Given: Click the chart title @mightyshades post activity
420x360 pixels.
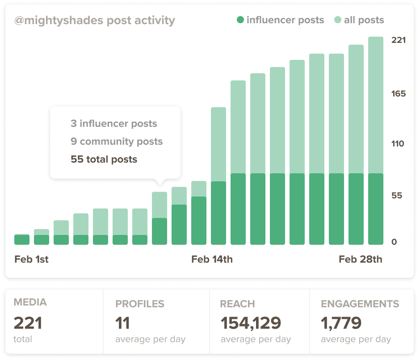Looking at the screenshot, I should pyautogui.click(x=94, y=21).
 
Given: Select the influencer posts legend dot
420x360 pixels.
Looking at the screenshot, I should pyautogui.click(x=240, y=20).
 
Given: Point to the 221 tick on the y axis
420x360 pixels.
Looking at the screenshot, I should pyautogui.click(x=398, y=40).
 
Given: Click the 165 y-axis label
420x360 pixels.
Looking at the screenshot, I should pyautogui.click(x=398, y=94).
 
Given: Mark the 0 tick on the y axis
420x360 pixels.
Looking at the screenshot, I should pyautogui.click(x=394, y=242).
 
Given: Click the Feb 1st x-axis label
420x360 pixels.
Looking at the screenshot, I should pyautogui.click(x=31, y=260).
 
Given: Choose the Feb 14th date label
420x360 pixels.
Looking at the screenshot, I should pyautogui.click(x=212, y=260).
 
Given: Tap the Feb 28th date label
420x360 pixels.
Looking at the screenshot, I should pyautogui.click(x=360, y=260).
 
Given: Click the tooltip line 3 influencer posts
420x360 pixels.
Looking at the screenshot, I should pyautogui.click(x=114, y=124).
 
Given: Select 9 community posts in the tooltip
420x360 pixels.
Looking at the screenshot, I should pyautogui.click(x=117, y=142).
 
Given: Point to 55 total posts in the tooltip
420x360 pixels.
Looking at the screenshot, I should pyautogui.click(x=104, y=159).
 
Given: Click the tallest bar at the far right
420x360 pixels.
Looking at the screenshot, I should pyautogui.click(x=376, y=141).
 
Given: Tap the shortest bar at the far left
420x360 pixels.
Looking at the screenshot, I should pyautogui.click(x=22, y=239).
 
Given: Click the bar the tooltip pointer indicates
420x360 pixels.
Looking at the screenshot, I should pyautogui.click(x=160, y=219).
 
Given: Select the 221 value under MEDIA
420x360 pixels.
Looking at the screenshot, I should pyautogui.click(x=28, y=323).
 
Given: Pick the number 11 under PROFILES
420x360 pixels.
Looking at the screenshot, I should pyautogui.click(x=122, y=323).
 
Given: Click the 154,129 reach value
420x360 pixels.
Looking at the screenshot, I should pyautogui.click(x=251, y=323).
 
